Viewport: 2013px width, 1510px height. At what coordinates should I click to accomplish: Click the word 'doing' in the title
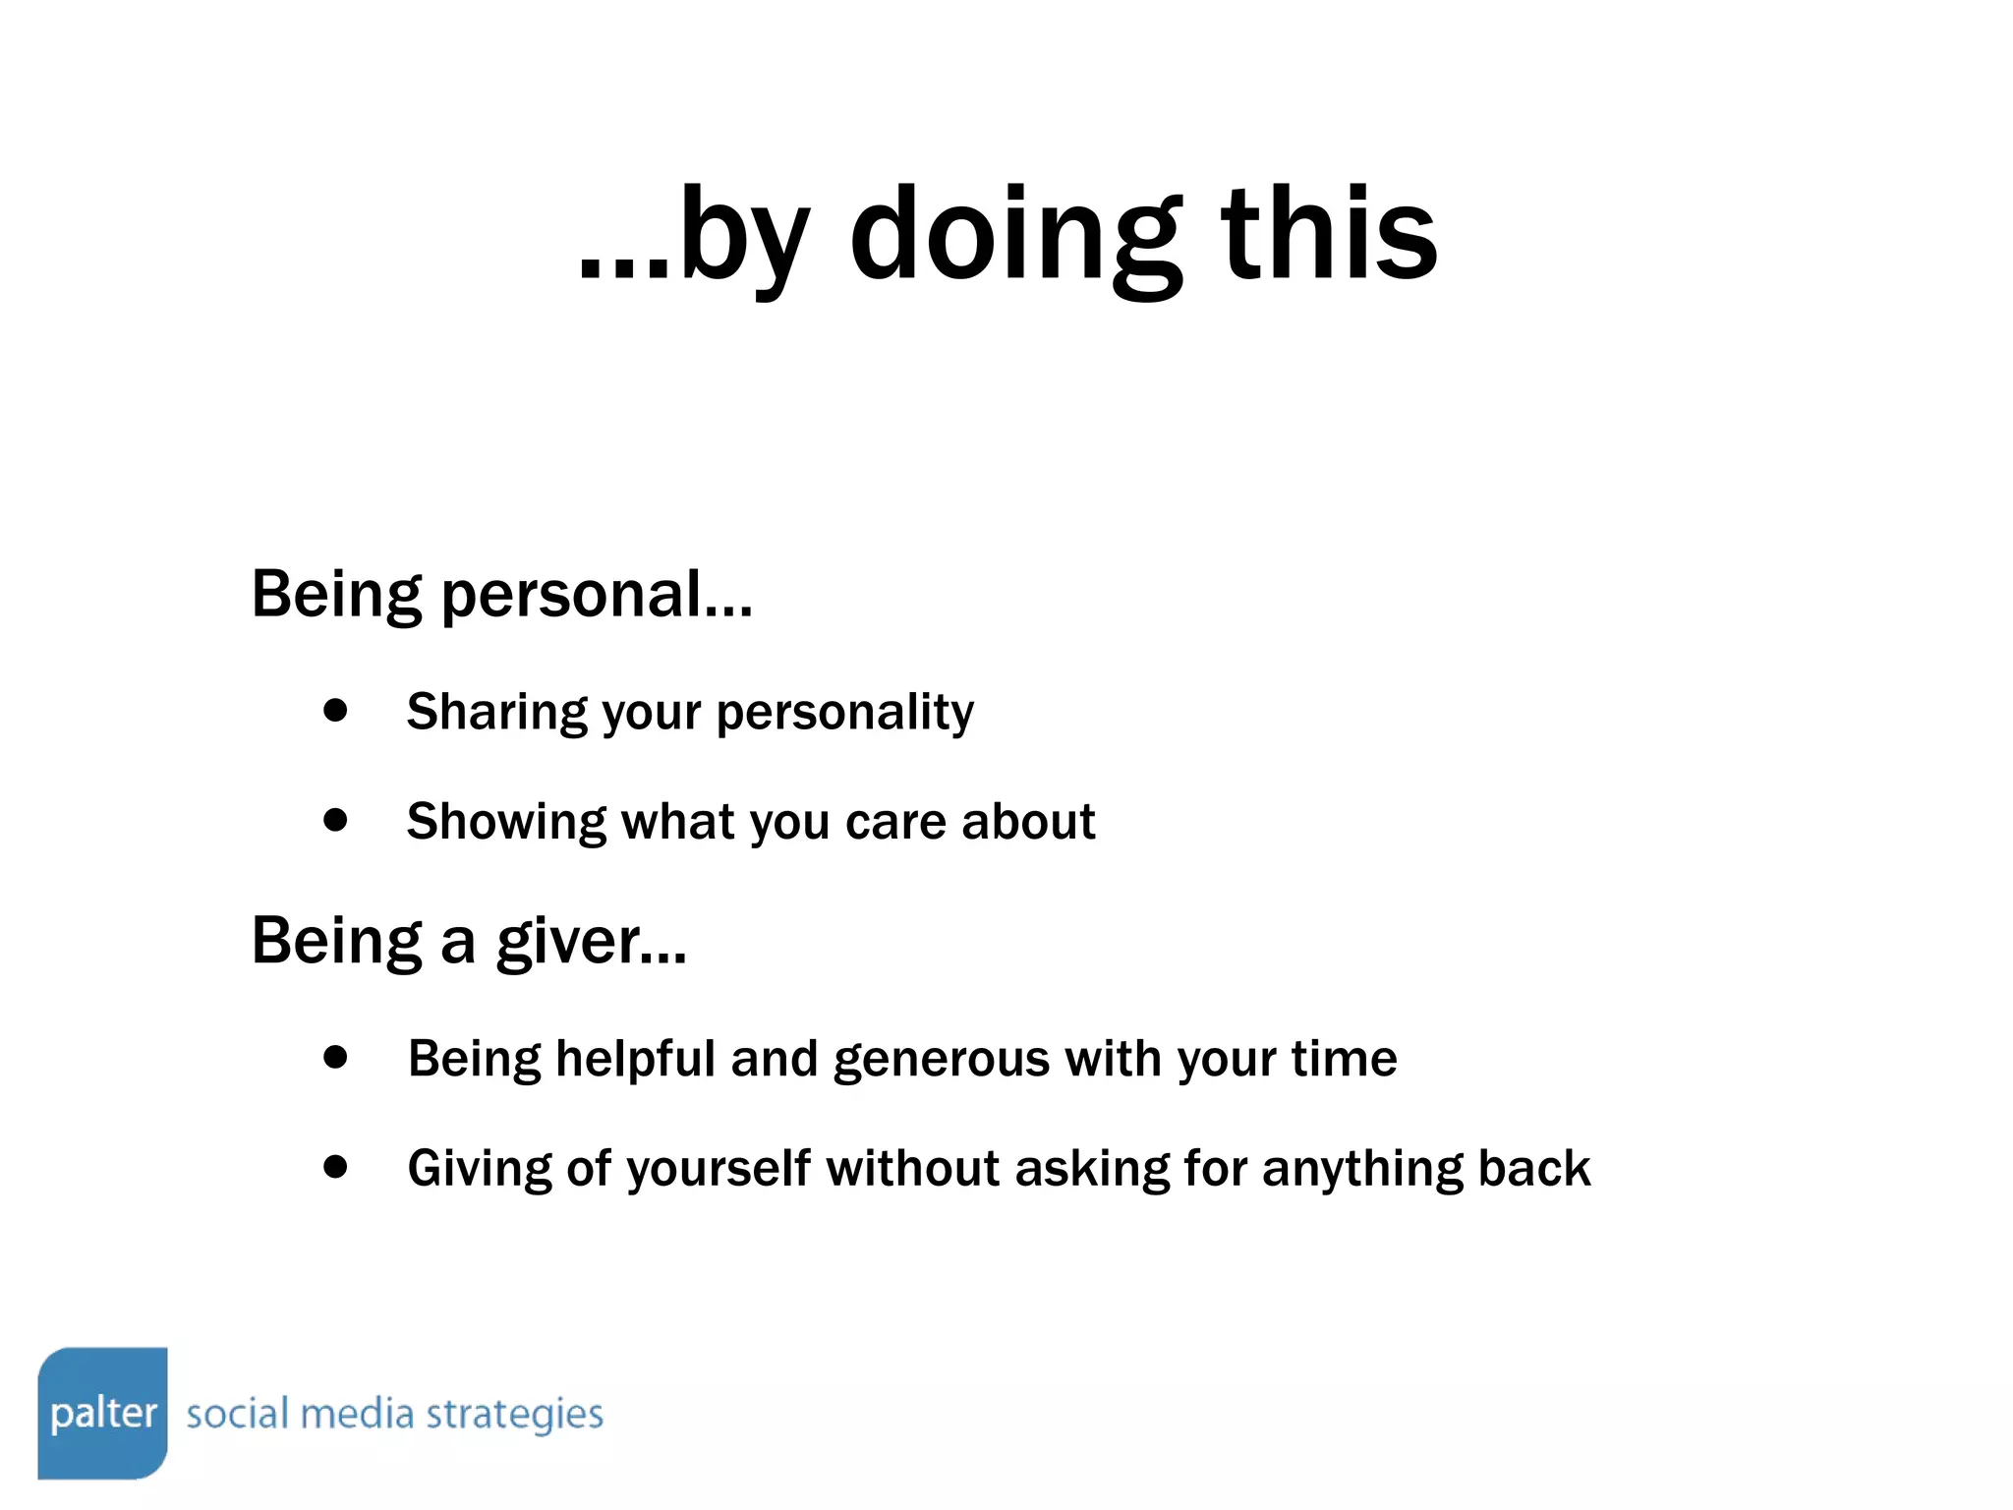coord(1015,236)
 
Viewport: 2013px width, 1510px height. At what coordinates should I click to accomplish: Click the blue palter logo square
coord(102,1413)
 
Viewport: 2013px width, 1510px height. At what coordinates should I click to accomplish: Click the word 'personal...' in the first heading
coord(597,595)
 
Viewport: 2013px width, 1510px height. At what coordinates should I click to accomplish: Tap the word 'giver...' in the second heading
coord(591,942)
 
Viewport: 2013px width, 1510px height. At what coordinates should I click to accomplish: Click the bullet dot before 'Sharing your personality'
coord(335,710)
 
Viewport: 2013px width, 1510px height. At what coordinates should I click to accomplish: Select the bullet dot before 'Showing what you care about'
coord(335,820)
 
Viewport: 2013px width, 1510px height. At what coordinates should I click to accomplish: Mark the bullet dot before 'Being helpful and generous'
coord(335,1057)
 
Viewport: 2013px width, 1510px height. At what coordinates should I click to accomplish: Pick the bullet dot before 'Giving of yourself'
coord(335,1167)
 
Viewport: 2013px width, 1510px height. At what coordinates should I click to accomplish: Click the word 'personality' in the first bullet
coord(844,713)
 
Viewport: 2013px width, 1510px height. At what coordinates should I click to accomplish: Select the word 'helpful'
coord(635,1059)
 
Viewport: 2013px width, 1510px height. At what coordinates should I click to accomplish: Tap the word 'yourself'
coord(719,1170)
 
